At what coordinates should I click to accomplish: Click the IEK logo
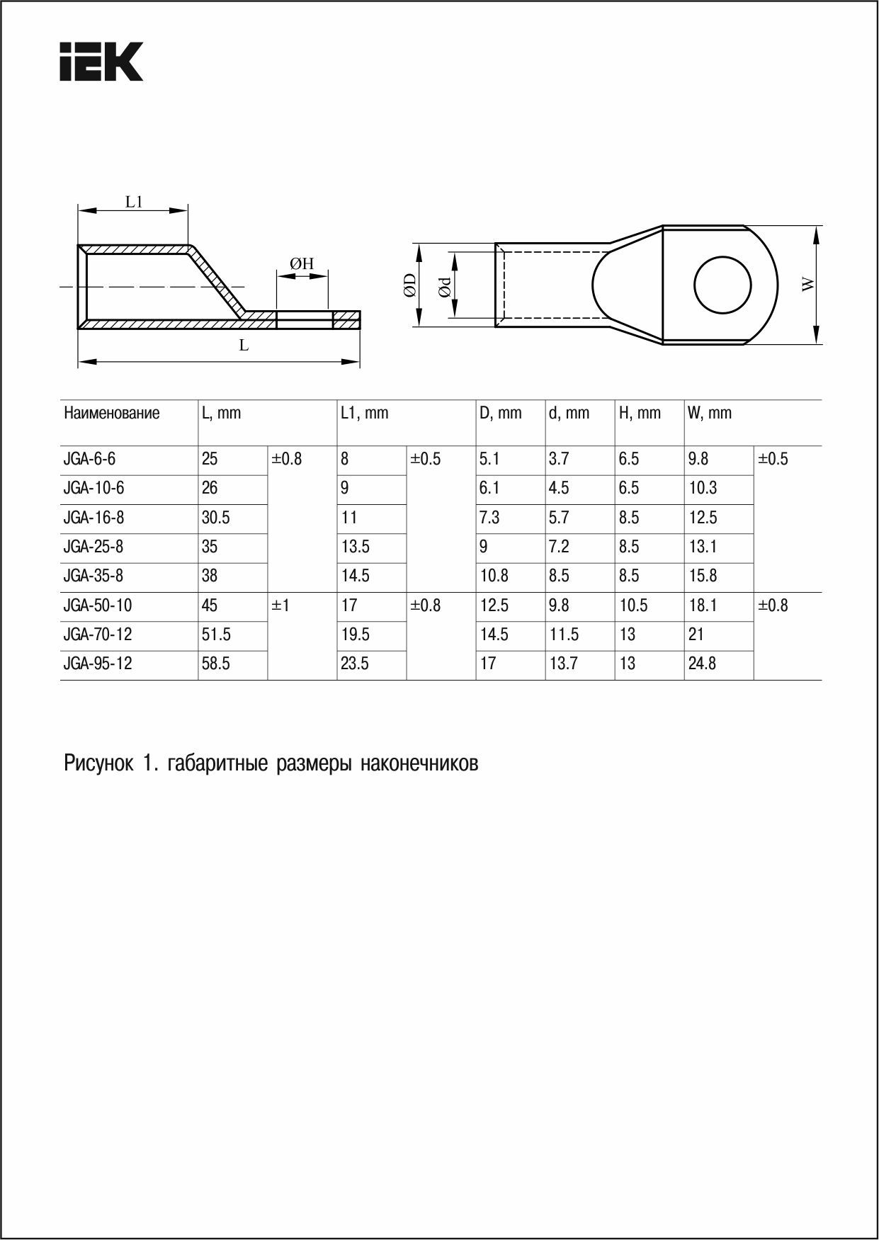click(x=101, y=61)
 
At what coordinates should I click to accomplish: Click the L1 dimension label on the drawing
click(x=134, y=202)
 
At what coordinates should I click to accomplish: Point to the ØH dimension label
click(x=302, y=263)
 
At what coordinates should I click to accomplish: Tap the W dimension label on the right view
click(x=808, y=285)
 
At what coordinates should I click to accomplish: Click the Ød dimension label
click(x=444, y=286)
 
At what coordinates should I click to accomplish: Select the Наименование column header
click(x=112, y=413)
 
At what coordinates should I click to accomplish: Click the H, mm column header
click(x=639, y=413)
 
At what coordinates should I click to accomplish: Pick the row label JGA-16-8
click(x=93, y=518)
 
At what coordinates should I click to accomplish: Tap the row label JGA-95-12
click(x=98, y=664)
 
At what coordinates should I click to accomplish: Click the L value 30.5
click(x=215, y=518)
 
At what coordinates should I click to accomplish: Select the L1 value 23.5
click(x=354, y=664)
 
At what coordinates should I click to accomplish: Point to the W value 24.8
click(x=702, y=664)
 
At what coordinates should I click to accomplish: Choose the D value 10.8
click(x=494, y=576)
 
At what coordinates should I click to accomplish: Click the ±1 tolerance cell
click(x=280, y=605)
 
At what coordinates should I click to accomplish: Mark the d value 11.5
click(x=564, y=635)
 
